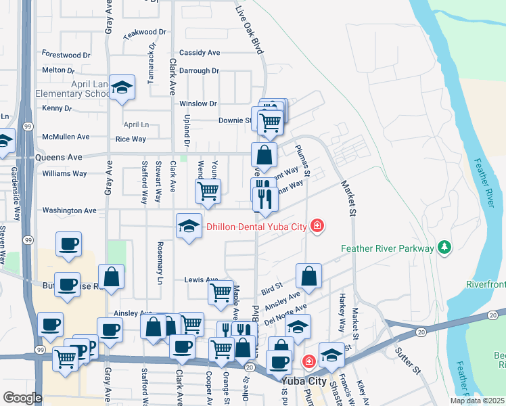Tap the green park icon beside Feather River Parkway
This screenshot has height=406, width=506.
[x=444, y=248]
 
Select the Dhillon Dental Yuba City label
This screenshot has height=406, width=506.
[x=256, y=226]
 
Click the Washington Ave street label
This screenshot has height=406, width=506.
[x=69, y=210]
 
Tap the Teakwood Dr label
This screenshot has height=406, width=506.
[x=144, y=32]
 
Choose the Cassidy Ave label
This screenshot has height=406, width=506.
[x=200, y=53]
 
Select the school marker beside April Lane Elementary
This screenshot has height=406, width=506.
[x=122, y=87]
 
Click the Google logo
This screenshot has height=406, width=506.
[x=22, y=398]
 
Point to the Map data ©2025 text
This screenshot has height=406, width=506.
[x=476, y=401]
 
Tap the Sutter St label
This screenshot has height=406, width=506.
[x=408, y=362]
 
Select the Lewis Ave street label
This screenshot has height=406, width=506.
[x=201, y=279]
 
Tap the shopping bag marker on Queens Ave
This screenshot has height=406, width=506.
[x=264, y=155]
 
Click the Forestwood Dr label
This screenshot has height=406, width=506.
[x=66, y=54]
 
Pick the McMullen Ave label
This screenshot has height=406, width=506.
[x=65, y=137]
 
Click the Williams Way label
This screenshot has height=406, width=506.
[x=64, y=173]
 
